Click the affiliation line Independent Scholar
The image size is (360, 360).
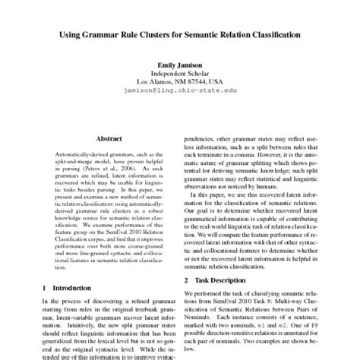click(x=179, y=73)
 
